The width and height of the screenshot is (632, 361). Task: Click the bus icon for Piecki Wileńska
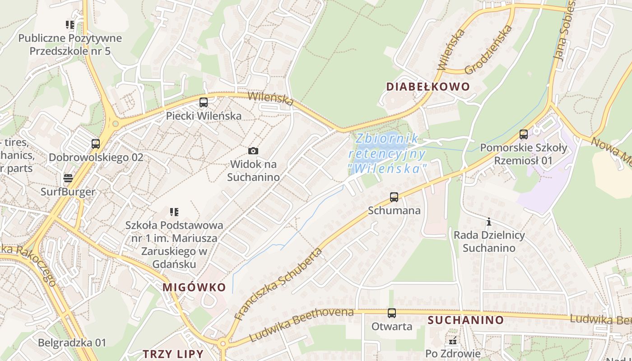[204, 102]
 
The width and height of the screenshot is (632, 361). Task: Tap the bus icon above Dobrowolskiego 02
[96, 144]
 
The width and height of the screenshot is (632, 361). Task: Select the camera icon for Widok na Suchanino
[253, 151]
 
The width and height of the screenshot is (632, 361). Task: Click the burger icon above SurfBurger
[68, 178]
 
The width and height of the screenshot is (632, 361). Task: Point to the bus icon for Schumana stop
[394, 197]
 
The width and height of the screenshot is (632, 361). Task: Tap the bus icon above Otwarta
[392, 313]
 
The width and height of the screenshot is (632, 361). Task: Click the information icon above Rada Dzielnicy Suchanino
[488, 222]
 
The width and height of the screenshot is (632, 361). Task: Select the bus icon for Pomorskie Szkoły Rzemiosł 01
[524, 134]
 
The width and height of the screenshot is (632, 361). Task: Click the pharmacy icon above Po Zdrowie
[453, 341]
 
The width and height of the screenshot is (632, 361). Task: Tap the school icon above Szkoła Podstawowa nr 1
[174, 212]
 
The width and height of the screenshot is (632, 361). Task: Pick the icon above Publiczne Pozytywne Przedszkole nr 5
[70, 24]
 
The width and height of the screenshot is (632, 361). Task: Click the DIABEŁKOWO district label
[428, 87]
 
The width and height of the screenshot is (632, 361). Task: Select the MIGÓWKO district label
[194, 287]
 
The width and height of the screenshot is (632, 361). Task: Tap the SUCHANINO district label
[465, 320]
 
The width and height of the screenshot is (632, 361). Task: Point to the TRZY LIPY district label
[173, 353]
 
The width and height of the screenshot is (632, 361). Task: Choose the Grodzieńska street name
[489, 49]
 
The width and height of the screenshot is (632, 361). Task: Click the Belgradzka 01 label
[72, 342]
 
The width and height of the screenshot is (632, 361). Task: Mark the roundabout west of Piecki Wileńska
[116, 123]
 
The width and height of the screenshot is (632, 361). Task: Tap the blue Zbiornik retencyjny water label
[387, 153]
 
